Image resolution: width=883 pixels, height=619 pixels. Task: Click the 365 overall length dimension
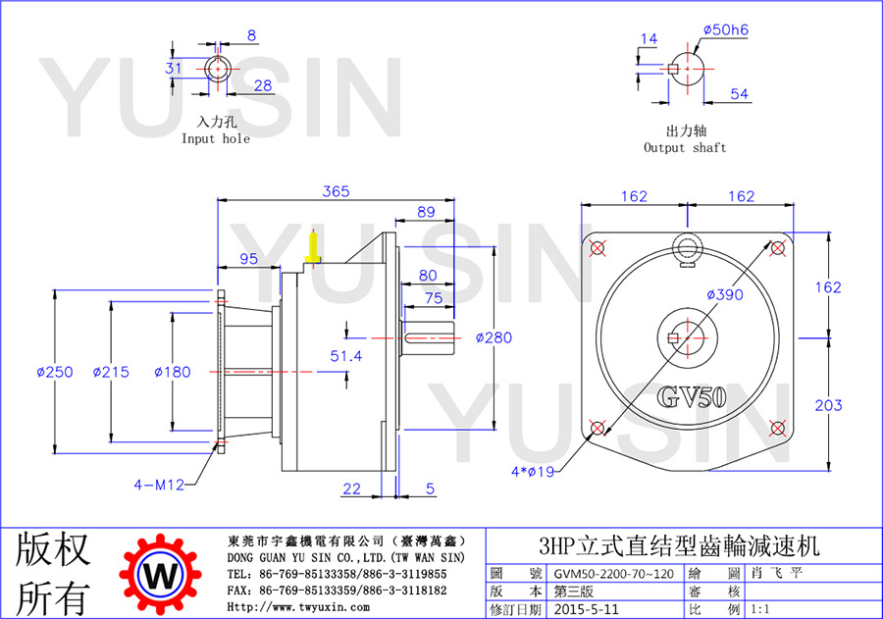click(x=336, y=191)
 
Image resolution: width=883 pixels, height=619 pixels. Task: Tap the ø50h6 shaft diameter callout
click(x=726, y=29)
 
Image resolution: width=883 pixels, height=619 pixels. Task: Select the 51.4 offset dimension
click(x=345, y=356)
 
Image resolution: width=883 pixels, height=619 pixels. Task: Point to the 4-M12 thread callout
click(x=159, y=485)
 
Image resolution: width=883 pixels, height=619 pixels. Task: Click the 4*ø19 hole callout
click(x=533, y=472)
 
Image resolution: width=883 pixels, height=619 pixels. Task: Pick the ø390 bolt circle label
click(x=725, y=294)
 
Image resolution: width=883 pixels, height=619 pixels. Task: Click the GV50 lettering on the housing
click(x=692, y=396)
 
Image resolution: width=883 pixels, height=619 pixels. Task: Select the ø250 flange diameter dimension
click(x=55, y=372)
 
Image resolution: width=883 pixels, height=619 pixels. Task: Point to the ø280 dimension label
click(x=493, y=337)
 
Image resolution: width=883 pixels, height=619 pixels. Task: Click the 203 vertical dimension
click(x=828, y=405)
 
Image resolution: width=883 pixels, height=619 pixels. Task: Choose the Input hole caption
click(x=216, y=138)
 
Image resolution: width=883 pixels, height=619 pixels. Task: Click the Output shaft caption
click(x=686, y=147)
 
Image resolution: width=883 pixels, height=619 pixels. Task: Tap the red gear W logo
click(x=160, y=575)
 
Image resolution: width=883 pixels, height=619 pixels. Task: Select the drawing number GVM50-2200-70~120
click(x=614, y=574)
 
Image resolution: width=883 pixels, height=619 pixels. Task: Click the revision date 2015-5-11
click(x=587, y=609)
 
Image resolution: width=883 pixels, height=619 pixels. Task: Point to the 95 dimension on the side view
click(x=248, y=259)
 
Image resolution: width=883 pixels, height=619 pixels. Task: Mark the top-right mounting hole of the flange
click(x=778, y=248)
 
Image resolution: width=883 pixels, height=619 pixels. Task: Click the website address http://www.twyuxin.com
click(x=298, y=607)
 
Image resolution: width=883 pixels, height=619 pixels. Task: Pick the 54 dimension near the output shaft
click(x=740, y=94)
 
